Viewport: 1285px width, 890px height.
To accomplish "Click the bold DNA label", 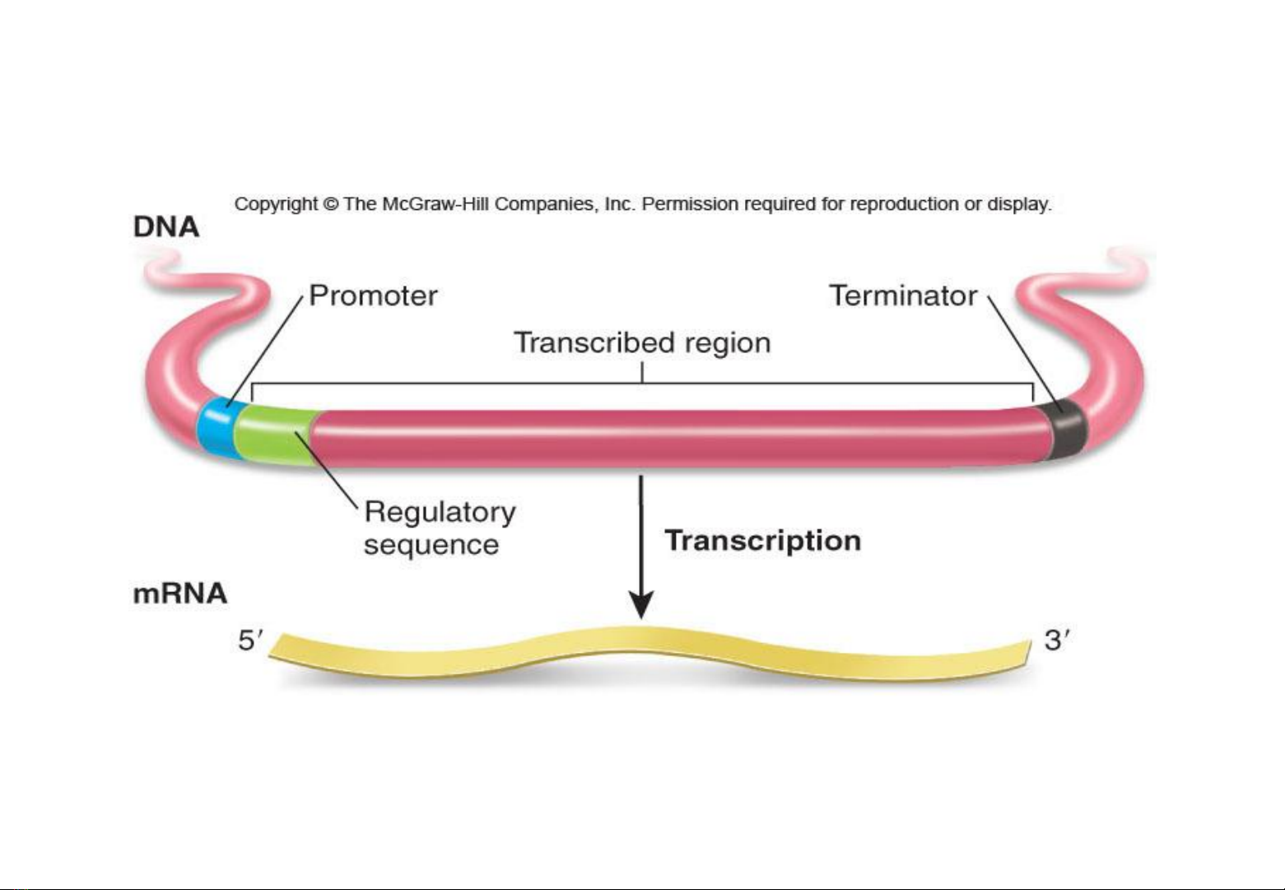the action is click(x=166, y=226).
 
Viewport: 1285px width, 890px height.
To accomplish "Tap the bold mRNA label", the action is click(x=180, y=594).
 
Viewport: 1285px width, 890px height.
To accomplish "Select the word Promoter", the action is click(x=374, y=296).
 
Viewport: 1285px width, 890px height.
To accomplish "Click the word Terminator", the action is click(x=904, y=296).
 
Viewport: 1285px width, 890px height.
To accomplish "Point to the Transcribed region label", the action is click(x=642, y=343).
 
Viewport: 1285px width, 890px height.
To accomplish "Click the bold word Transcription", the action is click(x=763, y=541).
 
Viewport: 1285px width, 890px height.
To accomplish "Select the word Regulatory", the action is click(x=440, y=512).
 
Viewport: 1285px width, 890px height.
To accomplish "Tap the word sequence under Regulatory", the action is click(x=431, y=545).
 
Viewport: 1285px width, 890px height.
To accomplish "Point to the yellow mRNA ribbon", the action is click(x=648, y=654).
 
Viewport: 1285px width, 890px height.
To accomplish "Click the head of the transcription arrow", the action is click(x=641, y=604).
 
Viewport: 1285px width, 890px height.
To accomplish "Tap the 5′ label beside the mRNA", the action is click(x=251, y=641).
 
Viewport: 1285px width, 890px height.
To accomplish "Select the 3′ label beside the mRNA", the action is click(x=1057, y=641).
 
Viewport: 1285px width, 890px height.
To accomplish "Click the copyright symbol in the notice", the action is click(x=330, y=204).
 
